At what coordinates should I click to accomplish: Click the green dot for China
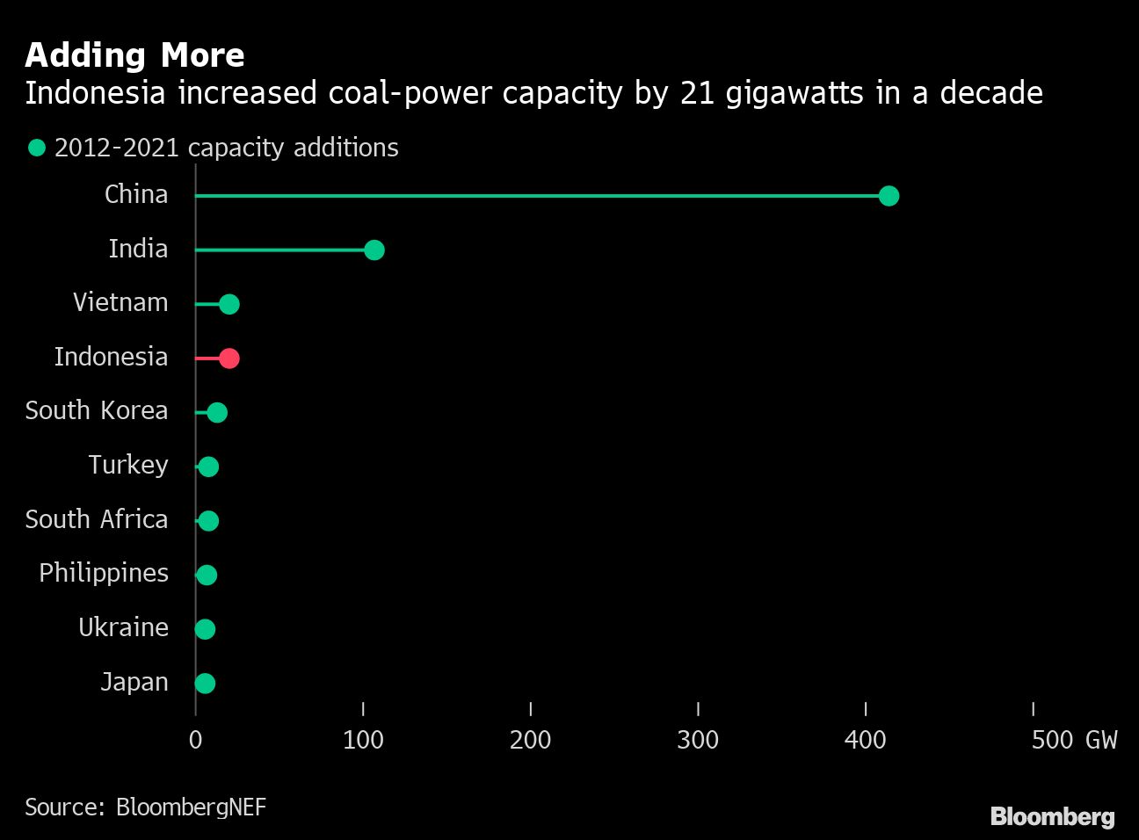coord(889,196)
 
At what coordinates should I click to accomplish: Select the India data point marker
coord(374,250)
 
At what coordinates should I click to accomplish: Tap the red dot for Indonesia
coord(229,358)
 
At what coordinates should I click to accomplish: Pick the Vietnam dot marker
coord(229,304)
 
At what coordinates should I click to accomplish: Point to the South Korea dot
coord(217,412)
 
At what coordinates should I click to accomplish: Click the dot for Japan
coord(205,684)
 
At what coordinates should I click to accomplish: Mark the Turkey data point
coord(208,467)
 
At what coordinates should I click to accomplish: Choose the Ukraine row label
coord(123,627)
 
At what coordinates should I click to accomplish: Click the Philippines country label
coord(104,573)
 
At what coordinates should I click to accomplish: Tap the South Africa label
coord(97,519)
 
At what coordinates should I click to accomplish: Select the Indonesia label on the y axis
coord(111,357)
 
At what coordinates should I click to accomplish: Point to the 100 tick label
coord(363,740)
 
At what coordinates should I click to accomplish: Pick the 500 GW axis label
coord(1073,740)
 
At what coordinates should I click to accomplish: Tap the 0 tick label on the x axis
coord(195,740)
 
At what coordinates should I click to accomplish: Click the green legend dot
coord(36,148)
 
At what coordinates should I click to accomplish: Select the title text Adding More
coord(134,55)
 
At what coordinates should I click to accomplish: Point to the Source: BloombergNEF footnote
coord(145,807)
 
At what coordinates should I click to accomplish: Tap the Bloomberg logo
coord(1052,816)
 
